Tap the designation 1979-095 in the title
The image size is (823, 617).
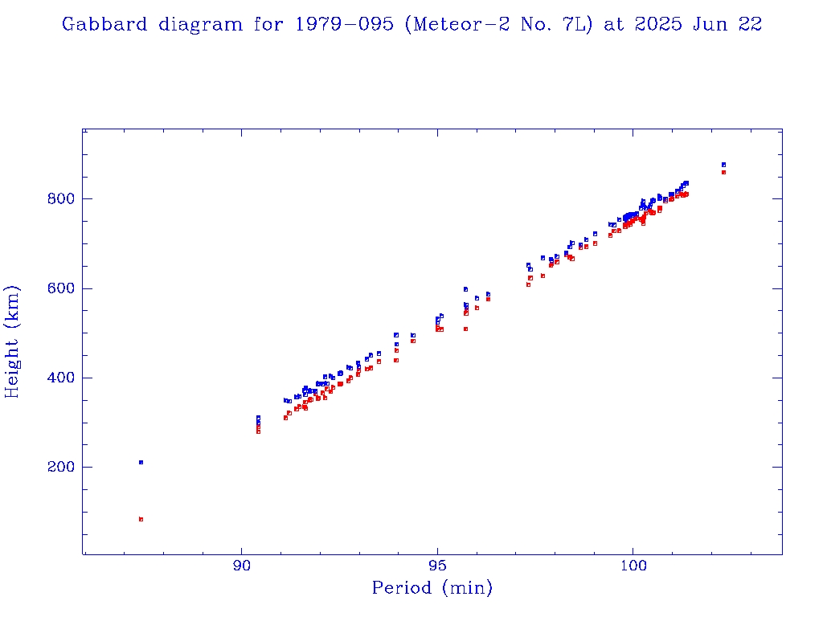pos(354,24)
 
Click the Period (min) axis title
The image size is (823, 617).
pos(432,588)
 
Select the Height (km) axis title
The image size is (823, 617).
pos(13,342)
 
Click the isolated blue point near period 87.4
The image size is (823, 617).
pos(141,462)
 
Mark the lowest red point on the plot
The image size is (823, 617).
pos(141,519)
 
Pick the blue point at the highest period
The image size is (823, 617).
pos(723,165)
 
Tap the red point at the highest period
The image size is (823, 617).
pos(723,172)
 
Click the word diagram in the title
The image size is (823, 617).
pos(200,24)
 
